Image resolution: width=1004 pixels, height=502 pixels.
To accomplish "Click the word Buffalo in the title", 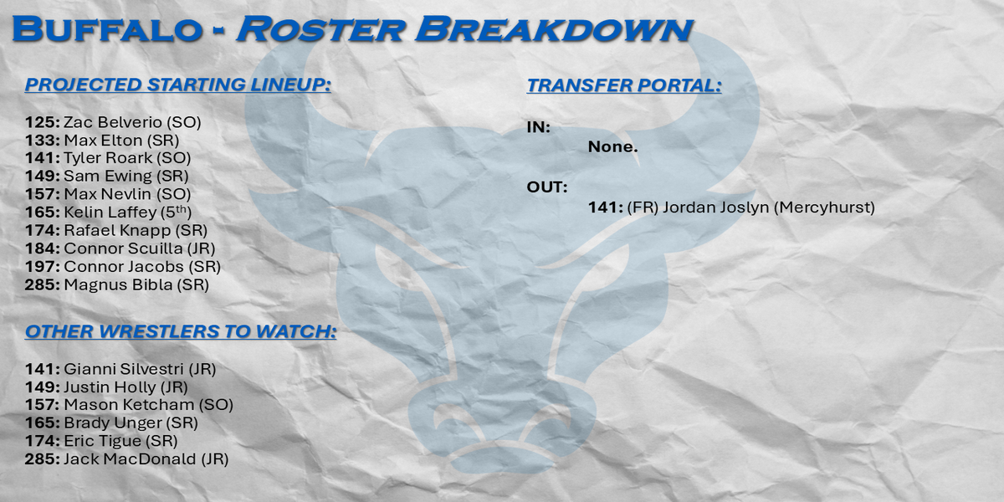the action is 107,29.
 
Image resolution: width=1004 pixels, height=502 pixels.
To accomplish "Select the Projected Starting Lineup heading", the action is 178,85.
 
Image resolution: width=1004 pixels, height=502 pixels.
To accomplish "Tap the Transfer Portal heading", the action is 624,85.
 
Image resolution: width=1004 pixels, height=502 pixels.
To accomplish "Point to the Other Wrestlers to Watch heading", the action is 181,331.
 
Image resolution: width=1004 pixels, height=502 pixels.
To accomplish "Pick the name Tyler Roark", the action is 108,158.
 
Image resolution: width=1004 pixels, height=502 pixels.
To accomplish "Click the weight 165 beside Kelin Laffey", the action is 42,212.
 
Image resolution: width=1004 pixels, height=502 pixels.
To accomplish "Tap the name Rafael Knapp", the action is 117,230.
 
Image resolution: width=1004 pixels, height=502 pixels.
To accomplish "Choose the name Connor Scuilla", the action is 123,248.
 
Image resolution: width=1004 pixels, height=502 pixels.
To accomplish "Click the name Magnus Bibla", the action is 118,284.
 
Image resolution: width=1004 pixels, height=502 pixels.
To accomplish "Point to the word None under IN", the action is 612,146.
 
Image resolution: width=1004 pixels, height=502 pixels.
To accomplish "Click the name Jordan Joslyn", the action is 716,207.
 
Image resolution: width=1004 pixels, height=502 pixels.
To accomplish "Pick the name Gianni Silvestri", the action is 124,369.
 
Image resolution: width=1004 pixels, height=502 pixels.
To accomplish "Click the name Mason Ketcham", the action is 129,405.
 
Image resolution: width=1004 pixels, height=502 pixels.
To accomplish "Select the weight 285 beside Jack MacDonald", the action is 42,459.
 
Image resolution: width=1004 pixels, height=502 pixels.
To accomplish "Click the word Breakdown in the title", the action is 555,29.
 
